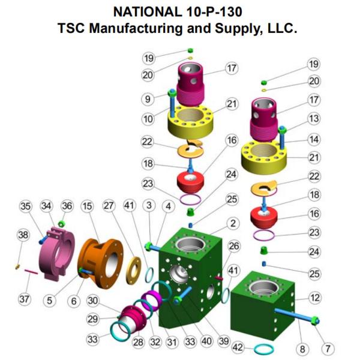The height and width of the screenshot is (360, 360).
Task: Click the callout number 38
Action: tap(23, 235)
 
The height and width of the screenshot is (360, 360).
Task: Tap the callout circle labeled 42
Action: tap(238, 347)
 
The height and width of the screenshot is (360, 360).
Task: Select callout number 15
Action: tap(87, 206)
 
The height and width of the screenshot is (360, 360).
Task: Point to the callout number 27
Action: tap(109, 205)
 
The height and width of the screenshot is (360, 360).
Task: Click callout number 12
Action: tap(314, 298)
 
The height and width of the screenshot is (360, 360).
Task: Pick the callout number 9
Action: tap(148, 99)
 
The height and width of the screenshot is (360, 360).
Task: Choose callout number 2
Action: tap(233, 223)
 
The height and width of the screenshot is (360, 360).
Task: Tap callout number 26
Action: tap(234, 246)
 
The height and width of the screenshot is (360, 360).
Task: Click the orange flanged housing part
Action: tap(101, 263)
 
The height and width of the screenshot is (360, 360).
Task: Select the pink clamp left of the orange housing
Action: tap(57, 254)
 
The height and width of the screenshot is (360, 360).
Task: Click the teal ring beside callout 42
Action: tap(263, 349)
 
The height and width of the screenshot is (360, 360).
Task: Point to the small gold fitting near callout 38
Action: tap(17, 267)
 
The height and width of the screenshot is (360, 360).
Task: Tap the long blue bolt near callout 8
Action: tap(296, 316)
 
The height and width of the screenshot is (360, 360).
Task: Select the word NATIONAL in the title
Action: tap(146, 12)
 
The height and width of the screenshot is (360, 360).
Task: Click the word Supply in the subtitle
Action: tap(239, 29)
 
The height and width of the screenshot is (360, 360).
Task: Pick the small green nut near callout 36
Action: tap(61, 223)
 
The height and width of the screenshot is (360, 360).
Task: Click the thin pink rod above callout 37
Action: tap(31, 272)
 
